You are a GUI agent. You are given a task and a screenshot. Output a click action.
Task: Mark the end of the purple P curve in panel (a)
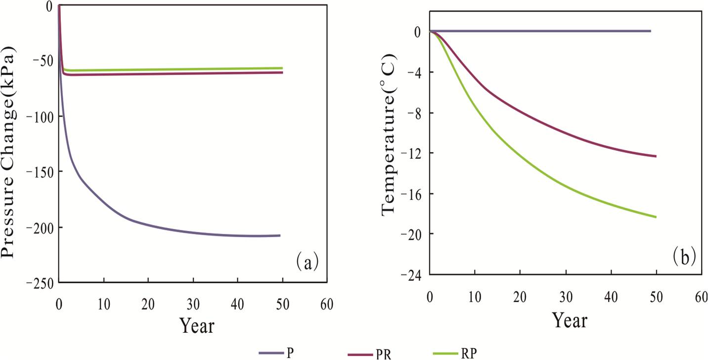pyautogui.click(x=280, y=235)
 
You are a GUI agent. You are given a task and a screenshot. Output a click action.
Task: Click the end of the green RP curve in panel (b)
pyautogui.click(x=656, y=217)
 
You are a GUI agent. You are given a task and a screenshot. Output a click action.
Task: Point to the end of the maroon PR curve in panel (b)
pyautogui.click(x=656, y=156)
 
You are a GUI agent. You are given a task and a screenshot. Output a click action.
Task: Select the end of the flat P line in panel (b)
pyautogui.click(x=650, y=31)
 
